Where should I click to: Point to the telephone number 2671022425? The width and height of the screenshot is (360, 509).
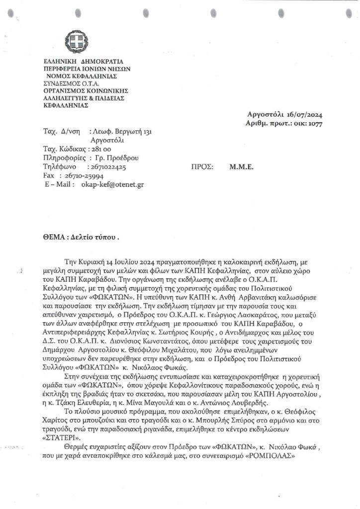pyautogui.click(x=108, y=168)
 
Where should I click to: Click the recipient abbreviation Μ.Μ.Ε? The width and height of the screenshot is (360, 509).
pyautogui.click(x=242, y=168)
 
